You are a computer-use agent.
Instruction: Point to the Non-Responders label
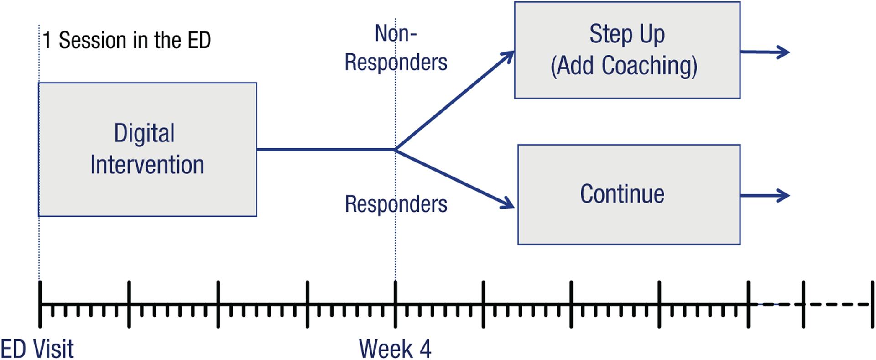coord(396,48)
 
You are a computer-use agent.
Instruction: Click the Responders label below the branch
coord(396,204)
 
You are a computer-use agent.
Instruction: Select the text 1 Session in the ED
coord(126,40)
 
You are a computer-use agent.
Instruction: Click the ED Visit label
coord(36,350)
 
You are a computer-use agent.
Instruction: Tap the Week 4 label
coord(395,350)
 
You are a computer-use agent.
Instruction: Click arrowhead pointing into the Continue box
coord(508,203)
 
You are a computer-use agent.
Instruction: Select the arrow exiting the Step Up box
coord(765,52)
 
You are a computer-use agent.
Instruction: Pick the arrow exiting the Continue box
coord(765,196)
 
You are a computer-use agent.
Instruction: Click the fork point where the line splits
coord(395,149)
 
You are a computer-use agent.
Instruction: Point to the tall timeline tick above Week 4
coord(395,304)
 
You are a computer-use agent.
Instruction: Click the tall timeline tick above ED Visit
coord(40,304)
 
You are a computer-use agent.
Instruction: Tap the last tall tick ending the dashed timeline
coord(872,304)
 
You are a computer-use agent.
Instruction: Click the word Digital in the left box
coord(144,133)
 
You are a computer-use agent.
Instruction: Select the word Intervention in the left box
coord(147,165)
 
